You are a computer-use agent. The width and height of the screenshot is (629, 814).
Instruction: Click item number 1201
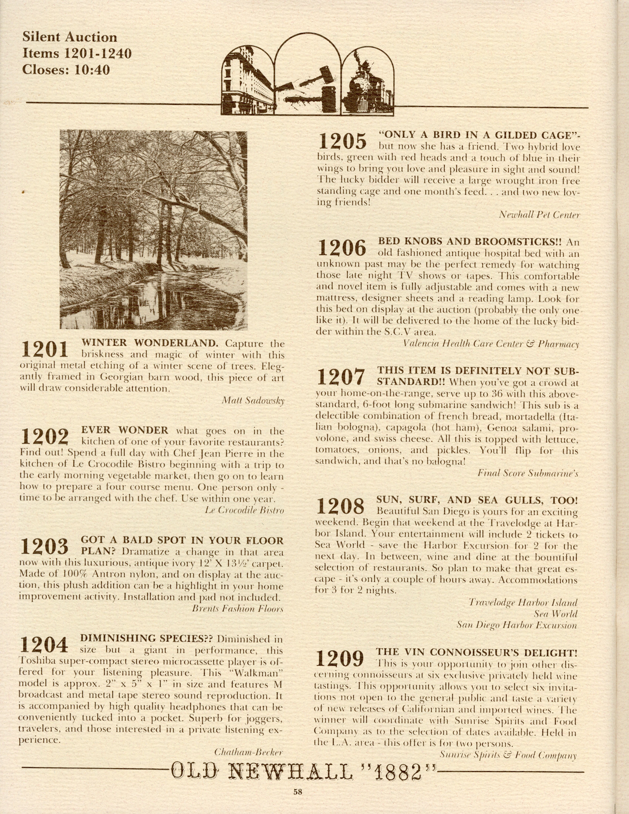pos(45,349)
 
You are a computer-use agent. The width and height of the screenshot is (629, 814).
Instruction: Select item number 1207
pos(340,377)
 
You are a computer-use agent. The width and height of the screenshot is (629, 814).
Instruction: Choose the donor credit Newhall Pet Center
pos(539,215)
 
